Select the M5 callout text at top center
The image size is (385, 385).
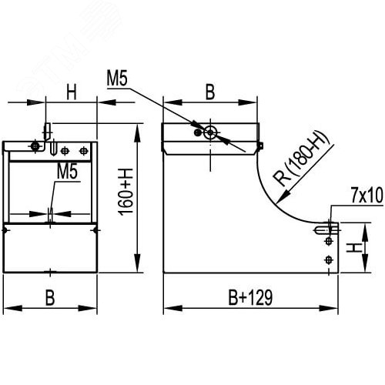tap(117, 78)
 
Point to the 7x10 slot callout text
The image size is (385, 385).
tap(366, 196)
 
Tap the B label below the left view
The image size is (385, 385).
tap(49, 298)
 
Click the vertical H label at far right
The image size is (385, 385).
tap(353, 248)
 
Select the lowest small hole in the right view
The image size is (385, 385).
tap(329, 258)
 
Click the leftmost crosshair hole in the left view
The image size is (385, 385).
tap(34, 146)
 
